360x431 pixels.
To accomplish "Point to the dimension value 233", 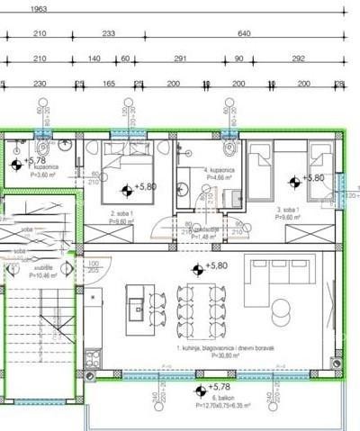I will coord(108,34).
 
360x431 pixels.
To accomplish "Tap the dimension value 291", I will coord(179,59).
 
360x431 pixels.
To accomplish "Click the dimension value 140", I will coord(94,59).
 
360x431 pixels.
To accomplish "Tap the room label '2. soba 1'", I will coord(121,212).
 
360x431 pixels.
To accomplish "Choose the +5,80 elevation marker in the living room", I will coord(209,267).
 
